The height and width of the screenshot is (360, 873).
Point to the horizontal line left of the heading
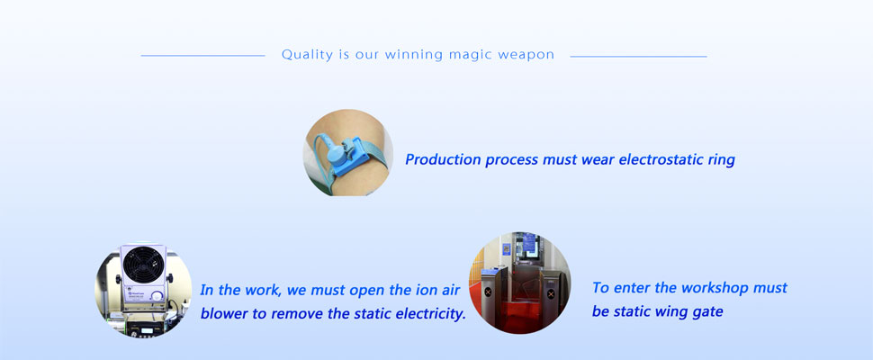coord(202,56)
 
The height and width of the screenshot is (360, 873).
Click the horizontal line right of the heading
coord(638,56)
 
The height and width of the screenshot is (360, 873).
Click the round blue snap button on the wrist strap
coord(337,152)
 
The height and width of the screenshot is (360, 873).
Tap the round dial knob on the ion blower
coord(158,295)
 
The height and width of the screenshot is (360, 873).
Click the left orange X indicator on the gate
coord(489,292)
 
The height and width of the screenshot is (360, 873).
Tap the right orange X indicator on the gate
coord(550,289)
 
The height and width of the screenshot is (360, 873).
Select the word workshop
coord(715,288)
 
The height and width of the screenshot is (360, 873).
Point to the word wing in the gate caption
coord(664,311)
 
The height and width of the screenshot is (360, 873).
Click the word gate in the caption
coord(704,312)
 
